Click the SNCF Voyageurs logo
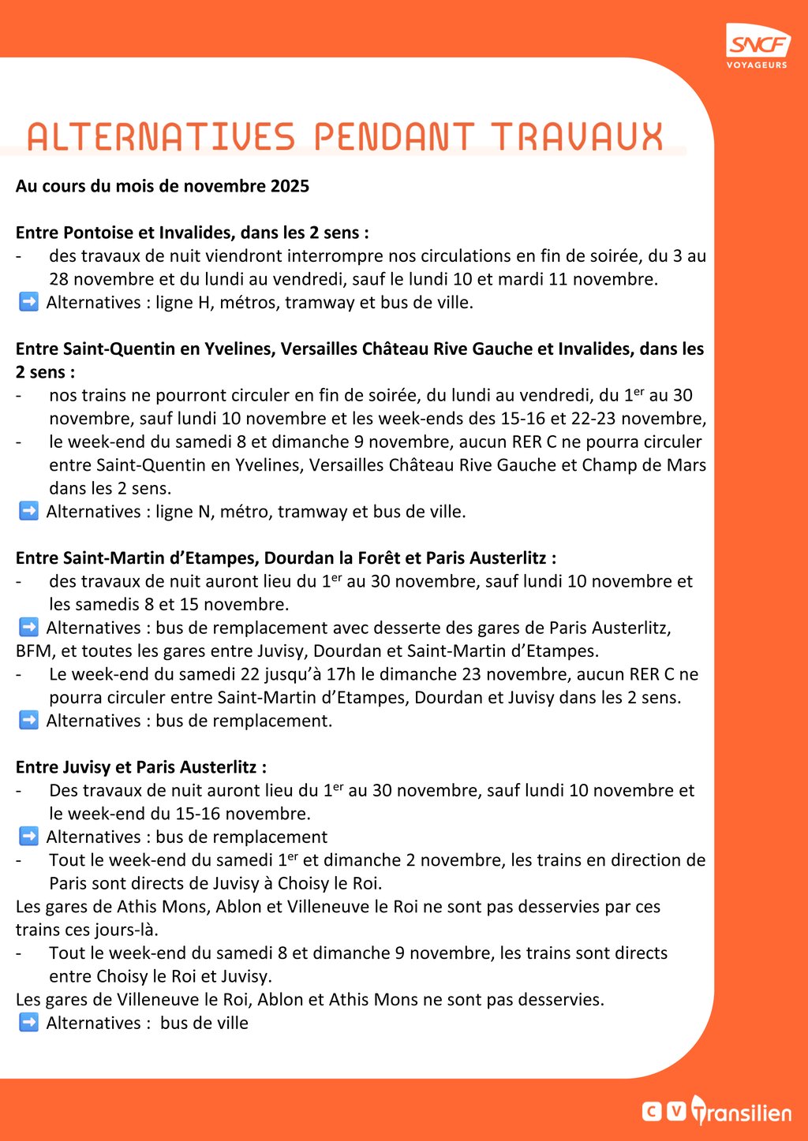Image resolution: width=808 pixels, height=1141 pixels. click(x=757, y=46)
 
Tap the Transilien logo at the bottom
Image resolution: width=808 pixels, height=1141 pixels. click(x=742, y=1111)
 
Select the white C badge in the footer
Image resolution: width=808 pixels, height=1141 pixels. click(x=652, y=1111)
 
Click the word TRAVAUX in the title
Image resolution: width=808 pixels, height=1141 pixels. click(x=577, y=137)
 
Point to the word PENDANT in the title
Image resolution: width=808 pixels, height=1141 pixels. click(x=394, y=137)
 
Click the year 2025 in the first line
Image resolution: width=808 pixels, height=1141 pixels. click(x=290, y=187)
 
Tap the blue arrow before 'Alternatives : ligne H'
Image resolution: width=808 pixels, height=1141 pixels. click(x=28, y=302)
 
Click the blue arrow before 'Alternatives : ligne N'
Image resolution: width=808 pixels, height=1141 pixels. click(x=28, y=511)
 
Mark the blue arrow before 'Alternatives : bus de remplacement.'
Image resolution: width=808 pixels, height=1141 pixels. click(x=28, y=721)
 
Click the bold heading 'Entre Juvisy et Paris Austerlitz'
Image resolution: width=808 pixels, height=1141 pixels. click(x=140, y=767)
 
